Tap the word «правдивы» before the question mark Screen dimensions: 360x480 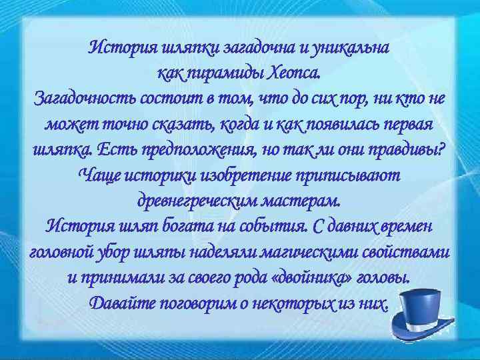[x=409, y=150]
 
